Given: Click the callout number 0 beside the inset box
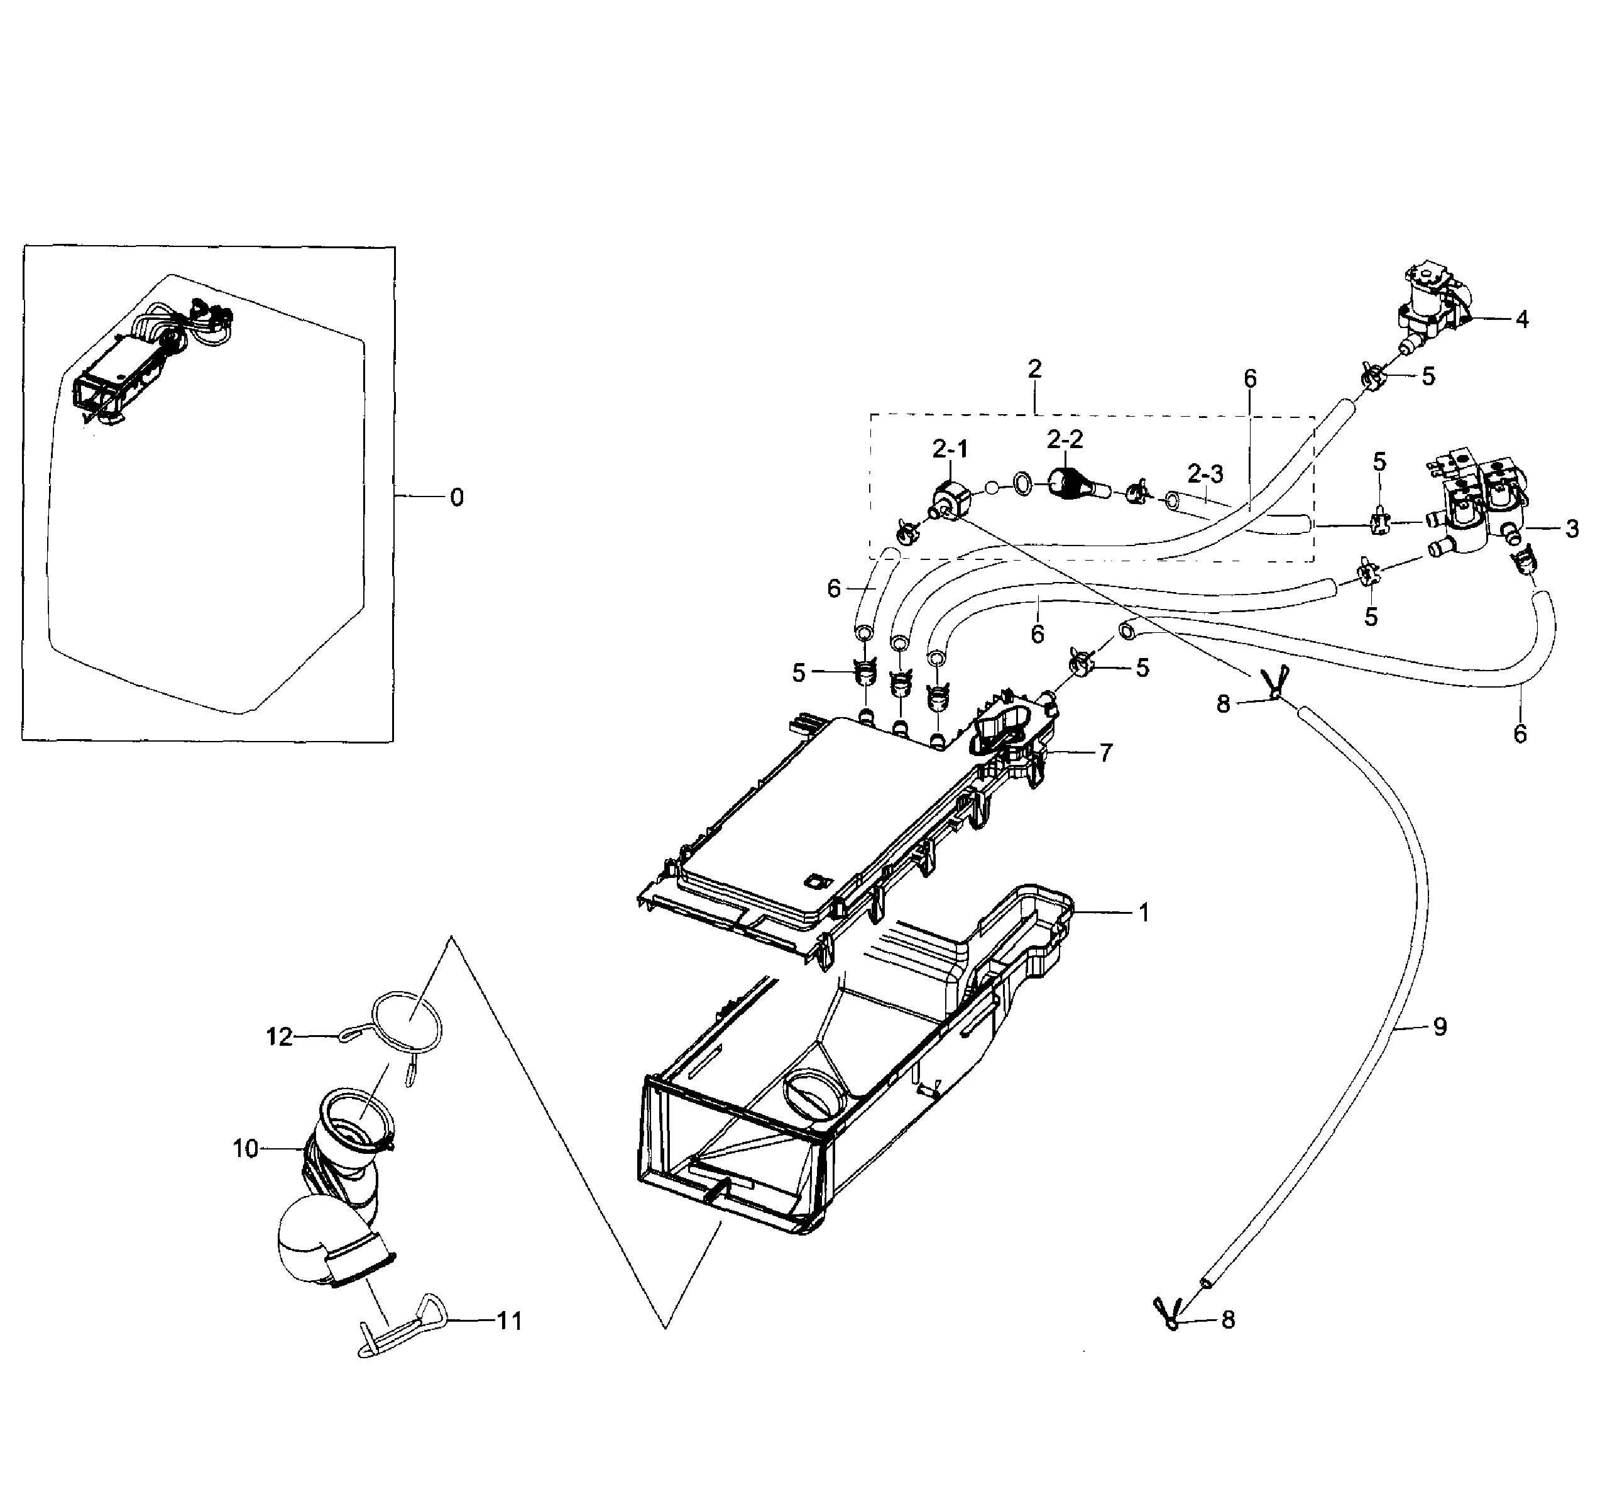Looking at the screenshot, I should pyautogui.click(x=457, y=498).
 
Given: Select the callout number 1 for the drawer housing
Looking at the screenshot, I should pyautogui.click(x=1144, y=913).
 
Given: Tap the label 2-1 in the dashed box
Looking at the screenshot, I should pyautogui.click(x=950, y=451).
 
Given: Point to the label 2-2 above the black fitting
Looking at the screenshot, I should pyautogui.click(x=1065, y=440).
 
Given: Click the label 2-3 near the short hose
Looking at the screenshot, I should pyautogui.click(x=1205, y=473).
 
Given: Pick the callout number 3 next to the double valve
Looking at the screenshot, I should pyautogui.click(x=1572, y=530).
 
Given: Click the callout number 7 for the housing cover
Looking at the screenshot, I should pyautogui.click(x=1106, y=754).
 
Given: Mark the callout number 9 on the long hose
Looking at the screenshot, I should pyautogui.click(x=1440, y=1027).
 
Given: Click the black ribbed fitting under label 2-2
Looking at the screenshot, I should pyautogui.click(x=1068, y=485).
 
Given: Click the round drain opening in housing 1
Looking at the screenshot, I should pyautogui.click(x=810, y=1097).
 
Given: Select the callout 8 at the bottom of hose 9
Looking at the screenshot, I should pyautogui.click(x=1228, y=1320).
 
